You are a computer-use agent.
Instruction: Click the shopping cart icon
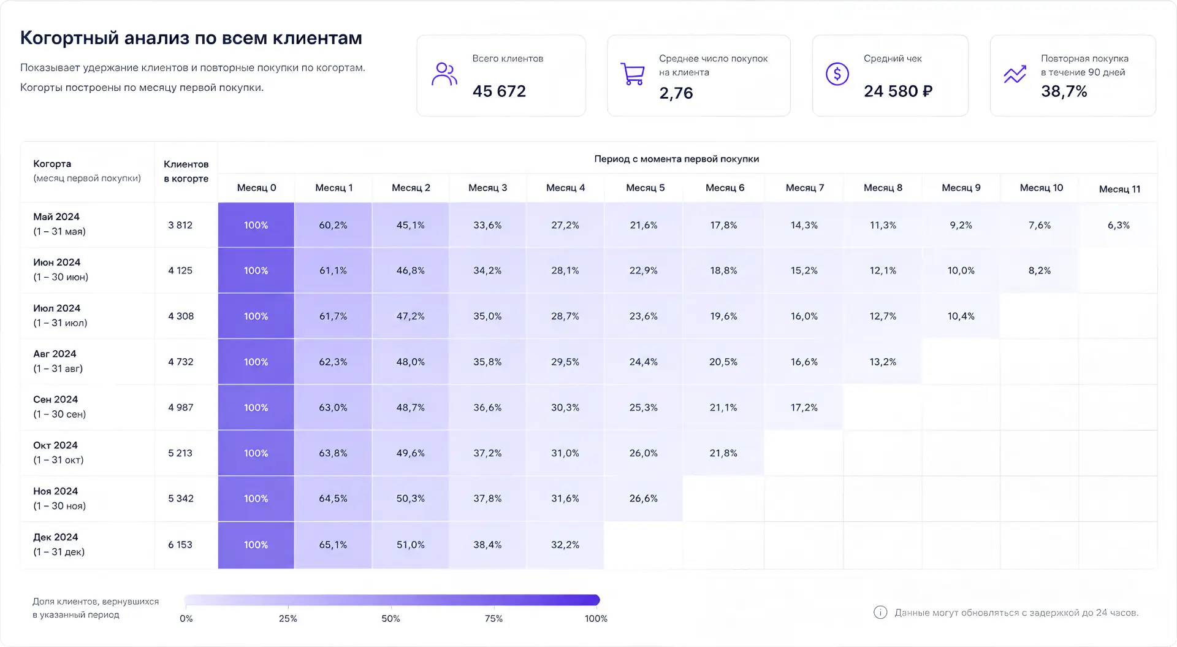[x=632, y=74]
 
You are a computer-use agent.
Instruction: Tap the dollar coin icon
[x=837, y=74]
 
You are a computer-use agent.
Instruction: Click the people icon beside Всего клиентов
[x=444, y=74]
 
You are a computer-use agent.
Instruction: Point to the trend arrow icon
[x=1015, y=74]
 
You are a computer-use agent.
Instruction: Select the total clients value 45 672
[x=499, y=91]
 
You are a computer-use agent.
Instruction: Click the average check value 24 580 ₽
[x=898, y=91]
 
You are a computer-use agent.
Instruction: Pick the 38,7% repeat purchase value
[x=1064, y=91]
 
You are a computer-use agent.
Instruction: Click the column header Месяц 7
[x=804, y=188]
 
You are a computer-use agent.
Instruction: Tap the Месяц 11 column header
[x=1119, y=189]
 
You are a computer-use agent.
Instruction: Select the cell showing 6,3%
[x=1118, y=225]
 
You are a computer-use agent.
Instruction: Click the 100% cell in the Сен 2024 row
[x=256, y=407]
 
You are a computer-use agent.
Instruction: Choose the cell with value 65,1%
[x=333, y=545]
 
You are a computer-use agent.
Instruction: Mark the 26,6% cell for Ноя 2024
[x=643, y=499]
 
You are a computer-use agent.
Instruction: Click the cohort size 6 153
[x=180, y=545]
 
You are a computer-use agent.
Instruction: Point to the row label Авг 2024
[x=55, y=354]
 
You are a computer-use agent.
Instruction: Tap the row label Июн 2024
[x=56, y=262]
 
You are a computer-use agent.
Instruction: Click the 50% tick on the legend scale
[x=390, y=619]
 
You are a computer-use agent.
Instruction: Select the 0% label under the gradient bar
[x=186, y=619]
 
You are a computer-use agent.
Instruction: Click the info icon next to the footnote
[x=880, y=612]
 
